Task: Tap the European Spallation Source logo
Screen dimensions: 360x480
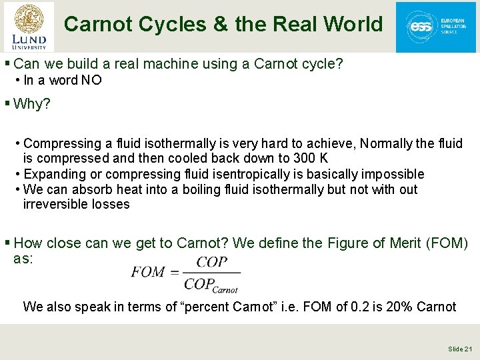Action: coord(435,27)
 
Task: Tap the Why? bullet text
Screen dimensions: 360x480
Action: coord(32,104)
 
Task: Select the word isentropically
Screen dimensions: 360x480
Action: coord(249,174)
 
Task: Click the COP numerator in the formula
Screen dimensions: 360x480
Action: coord(212,263)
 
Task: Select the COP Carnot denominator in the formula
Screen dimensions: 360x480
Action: coord(211,285)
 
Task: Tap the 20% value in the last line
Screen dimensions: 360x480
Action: coord(397,307)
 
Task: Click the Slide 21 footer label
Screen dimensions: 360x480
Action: coord(460,349)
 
